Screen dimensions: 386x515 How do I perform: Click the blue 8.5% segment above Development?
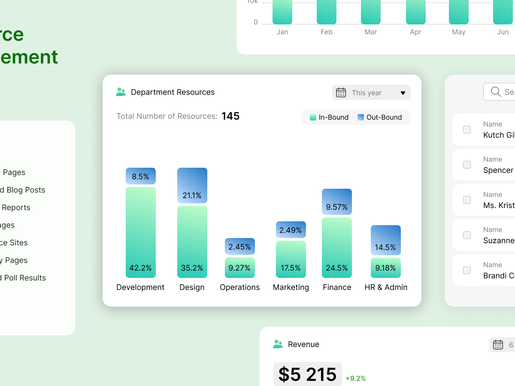pos(140,176)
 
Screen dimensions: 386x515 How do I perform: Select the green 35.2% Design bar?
pos(192,242)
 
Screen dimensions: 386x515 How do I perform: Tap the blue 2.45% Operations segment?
pos(239,247)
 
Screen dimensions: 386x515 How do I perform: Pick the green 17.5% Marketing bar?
pos(291,259)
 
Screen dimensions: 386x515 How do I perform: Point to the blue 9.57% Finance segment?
pos(336,202)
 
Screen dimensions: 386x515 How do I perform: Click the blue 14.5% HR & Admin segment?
pos(385,240)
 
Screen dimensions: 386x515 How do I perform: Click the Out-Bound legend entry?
pos(379,118)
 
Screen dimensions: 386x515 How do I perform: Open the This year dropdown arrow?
pos(403,93)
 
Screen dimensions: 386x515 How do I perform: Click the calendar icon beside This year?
pos(341,93)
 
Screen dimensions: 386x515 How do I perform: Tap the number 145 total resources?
pos(230,116)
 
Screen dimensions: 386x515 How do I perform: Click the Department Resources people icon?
pos(121,92)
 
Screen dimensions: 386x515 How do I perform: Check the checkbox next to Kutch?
pos(467,130)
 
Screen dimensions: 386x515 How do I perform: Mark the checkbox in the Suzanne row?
pos(467,235)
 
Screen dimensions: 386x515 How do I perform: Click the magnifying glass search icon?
pos(496,92)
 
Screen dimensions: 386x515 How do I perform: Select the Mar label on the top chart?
pos(370,32)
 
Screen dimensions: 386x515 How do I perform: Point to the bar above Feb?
pos(326,12)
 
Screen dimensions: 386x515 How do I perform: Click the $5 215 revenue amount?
pos(307,374)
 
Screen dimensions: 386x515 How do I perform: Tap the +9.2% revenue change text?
pos(355,378)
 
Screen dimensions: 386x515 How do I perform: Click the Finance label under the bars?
pos(337,287)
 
